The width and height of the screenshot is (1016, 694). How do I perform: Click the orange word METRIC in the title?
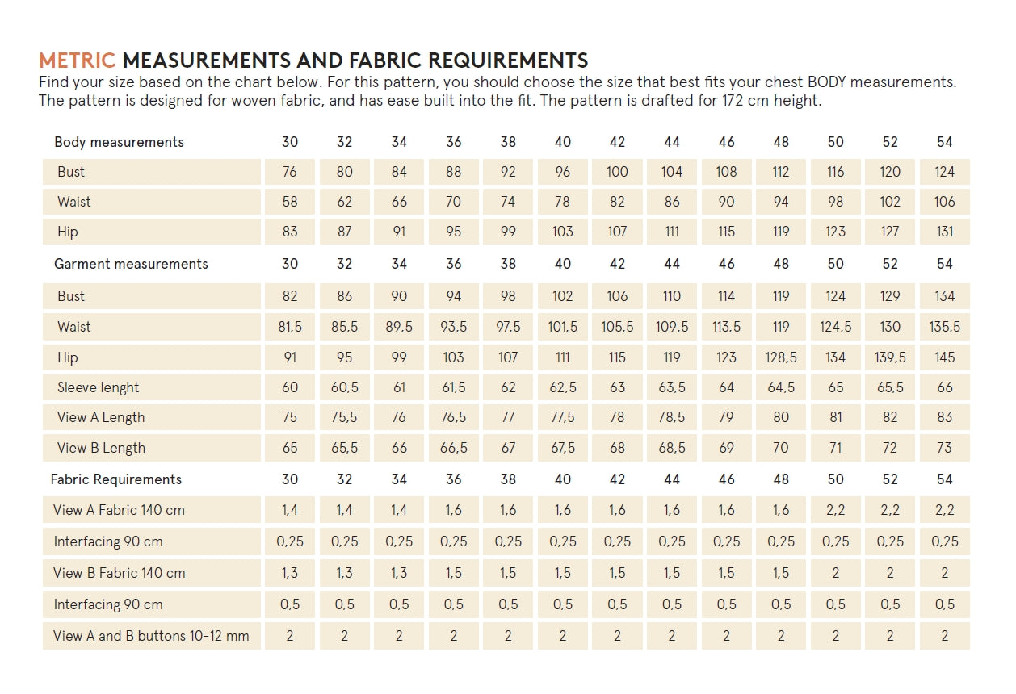click(78, 61)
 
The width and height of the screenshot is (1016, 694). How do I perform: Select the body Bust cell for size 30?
click(290, 172)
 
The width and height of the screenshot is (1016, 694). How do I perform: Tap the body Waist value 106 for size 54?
click(944, 202)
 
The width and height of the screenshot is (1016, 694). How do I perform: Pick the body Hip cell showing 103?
click(563, 232)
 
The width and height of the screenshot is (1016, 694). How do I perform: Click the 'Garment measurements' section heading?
click(131, 264)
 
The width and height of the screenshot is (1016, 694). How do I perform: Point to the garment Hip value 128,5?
click(781, 357)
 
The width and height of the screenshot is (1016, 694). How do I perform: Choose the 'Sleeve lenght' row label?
click(98, 387)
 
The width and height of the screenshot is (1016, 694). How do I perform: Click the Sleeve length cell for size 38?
click(508, 387)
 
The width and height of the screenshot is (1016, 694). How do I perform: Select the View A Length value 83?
click(944, 417)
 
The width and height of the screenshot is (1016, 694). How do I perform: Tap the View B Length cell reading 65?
click(290, 448)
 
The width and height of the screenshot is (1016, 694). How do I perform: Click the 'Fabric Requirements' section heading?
click(116, 479)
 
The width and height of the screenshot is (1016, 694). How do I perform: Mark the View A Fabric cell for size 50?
click(835, 510)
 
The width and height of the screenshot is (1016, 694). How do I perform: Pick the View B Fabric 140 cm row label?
click(120, 573)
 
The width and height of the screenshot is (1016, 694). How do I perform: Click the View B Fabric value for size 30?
click(290, 573)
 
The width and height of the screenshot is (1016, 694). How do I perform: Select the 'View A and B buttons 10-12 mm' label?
click(151, 636)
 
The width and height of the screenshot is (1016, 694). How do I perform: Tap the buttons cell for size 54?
click(944, 636)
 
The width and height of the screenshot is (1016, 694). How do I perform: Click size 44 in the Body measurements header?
click(672, 142)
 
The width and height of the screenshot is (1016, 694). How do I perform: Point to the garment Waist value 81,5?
click(290, 327)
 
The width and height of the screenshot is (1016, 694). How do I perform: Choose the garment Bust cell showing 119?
click(781, 296)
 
